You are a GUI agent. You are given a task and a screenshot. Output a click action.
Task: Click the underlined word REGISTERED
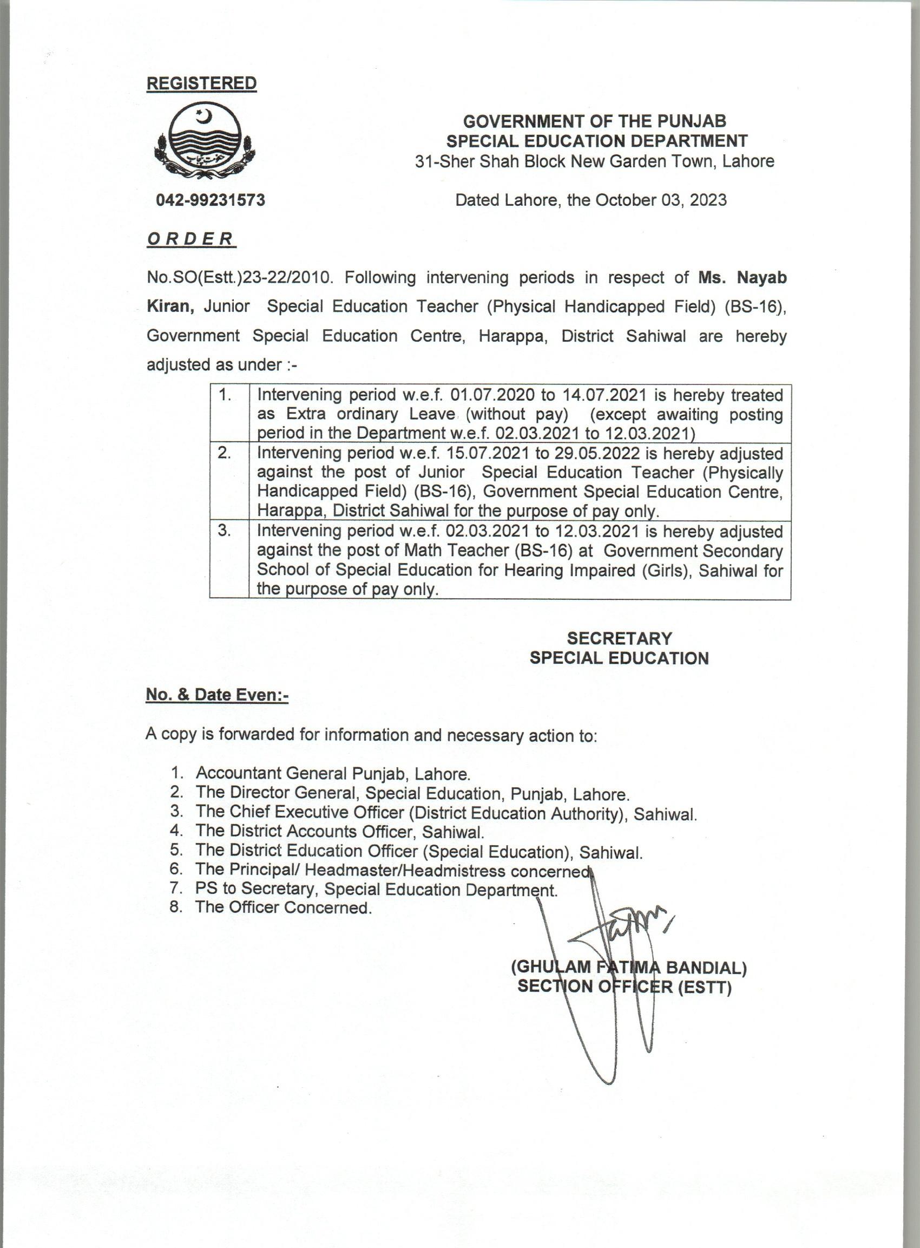coord(202,83)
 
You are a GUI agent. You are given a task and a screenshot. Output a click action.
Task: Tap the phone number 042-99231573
coord(211,200)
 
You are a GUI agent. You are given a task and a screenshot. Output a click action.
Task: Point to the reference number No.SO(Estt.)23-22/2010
coord(239,277)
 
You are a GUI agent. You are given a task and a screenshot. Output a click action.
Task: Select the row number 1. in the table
coord(225,395)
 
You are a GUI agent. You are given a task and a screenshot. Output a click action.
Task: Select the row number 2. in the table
coord(225,453)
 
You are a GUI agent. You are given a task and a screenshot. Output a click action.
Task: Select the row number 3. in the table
coord(225,531)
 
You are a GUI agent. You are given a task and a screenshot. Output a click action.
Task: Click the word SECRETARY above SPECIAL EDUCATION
coord(619,638)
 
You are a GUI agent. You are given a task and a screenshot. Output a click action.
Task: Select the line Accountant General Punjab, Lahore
coord(333,773)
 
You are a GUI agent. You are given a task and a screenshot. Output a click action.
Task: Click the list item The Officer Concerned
coord(283,907)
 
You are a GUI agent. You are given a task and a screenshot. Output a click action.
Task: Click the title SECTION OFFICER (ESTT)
coord(624,986)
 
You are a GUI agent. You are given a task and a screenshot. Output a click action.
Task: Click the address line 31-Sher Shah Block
coord(594,161)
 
